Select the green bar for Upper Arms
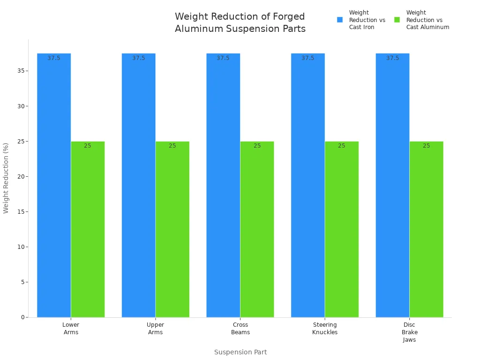click(172, 229)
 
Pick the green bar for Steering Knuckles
click(342, 229)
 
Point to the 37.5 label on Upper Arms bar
click(139, 58)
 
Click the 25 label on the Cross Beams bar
click(257, 146)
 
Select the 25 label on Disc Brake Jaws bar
click(427, 146)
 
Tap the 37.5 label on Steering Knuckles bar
click(308, 58)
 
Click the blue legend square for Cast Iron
click(340, 20)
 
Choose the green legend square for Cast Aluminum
click(397, 20)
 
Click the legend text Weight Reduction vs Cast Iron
click(367, 20)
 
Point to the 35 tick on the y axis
click(21, 71)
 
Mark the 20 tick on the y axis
click(21, 177)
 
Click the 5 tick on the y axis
click(22, 282)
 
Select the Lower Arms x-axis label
click(71, 329)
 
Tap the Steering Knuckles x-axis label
click(325, 329)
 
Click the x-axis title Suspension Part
click(240, 352)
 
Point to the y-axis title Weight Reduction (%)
click(6, 178)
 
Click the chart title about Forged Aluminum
click(240, 22)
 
